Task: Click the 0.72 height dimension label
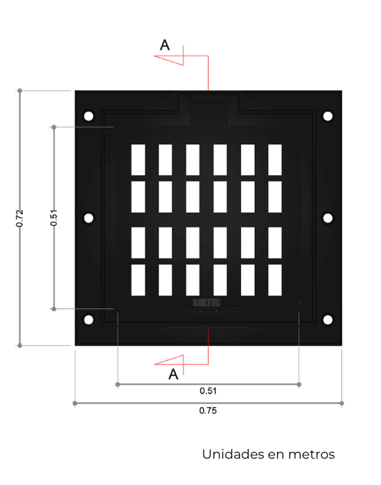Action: click(19, 218)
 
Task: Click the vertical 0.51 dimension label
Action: click(53, 218)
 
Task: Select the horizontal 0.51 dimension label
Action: click(208, 391)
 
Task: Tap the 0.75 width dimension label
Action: click(208, 411)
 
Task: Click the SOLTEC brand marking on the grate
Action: click(206, 303)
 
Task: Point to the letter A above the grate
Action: click(165, 45)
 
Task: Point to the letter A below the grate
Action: click(173, 374)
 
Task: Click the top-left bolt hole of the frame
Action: click(89, 116)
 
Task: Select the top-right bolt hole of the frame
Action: click(328, 116)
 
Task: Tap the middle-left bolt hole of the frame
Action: click(89, 218)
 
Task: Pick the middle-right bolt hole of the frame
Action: click(328, 218)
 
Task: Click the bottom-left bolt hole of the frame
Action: click(89, 320)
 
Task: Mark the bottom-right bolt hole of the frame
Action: click(328, 320)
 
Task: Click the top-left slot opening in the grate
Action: click(139, 160)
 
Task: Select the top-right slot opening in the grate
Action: click(275, 160)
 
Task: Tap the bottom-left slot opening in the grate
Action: click(139, 280)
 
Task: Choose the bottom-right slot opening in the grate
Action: click(275, 280)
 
